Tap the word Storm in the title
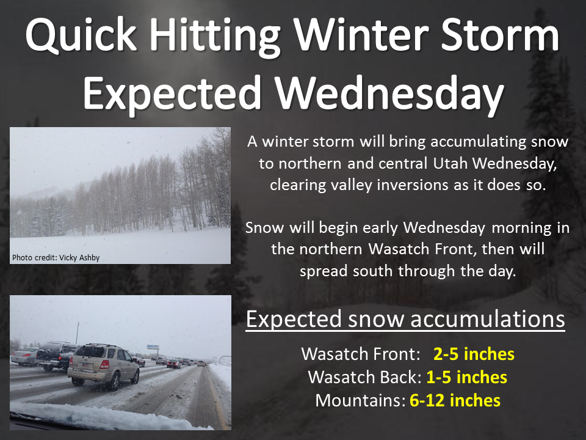500,34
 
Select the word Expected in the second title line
172,94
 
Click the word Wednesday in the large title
389,94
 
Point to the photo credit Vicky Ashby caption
56,257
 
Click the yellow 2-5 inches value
474,354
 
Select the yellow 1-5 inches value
467,377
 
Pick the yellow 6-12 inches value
455,400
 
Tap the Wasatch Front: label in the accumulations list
361,354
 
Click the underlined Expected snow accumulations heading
405,320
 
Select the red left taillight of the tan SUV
104,364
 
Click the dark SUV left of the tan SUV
56,356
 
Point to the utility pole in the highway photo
78,332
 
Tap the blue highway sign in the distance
153,347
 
